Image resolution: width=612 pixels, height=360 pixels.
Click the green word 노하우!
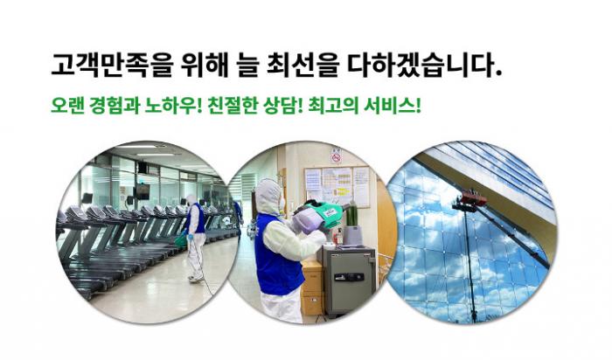pos(173,106)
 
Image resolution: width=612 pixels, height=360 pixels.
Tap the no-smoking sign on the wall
pos(336,156)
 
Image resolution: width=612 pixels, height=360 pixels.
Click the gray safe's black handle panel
pos(350,277)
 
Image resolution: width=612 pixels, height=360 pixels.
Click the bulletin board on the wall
pos(337,186)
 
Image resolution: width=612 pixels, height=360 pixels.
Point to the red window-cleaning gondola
pos(473,199)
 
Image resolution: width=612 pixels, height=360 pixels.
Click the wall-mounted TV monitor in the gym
pos(142,190)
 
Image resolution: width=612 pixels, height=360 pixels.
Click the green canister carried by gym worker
pos(180,240)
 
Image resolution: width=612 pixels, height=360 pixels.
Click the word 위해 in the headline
pos(204,65)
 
